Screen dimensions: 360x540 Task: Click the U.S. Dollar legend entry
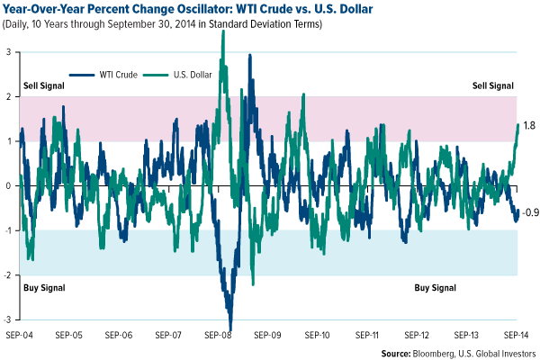[x=189, y=74]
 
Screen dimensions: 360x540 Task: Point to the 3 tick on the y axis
[x=9, y=51]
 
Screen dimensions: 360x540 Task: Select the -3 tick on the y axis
[x=8, y=320]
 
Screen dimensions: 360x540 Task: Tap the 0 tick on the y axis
[x=9, y=186]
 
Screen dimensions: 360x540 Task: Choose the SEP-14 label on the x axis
[x=517, y=334]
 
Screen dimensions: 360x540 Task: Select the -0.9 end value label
[x=530, y=212]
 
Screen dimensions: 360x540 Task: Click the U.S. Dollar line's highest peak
[x=223, y=32]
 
